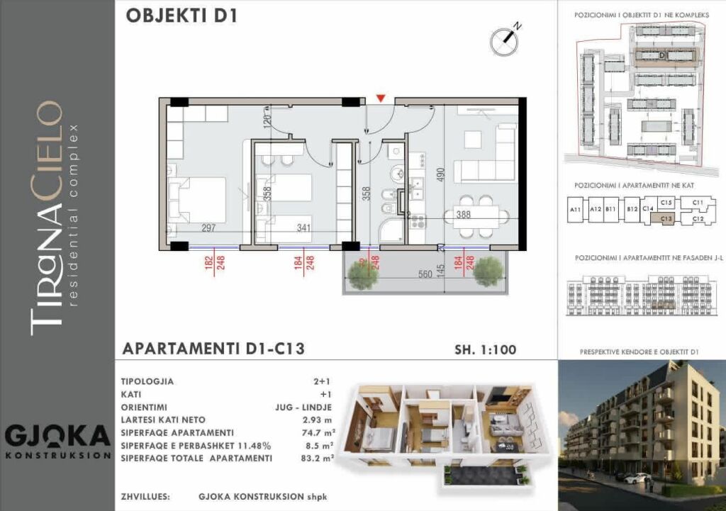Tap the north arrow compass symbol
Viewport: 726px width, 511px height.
coord(504,41)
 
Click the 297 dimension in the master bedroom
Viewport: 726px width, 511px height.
coord(209,228)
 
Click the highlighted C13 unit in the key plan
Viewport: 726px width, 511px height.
coord(665,219)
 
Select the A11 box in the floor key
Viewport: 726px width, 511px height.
coord(576,210)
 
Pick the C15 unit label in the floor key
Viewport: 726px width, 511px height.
coord(666,203)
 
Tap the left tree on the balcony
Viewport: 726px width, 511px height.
coord(362,274)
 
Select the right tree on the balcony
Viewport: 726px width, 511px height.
coord(488,270)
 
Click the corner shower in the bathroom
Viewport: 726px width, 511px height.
coord(391,231)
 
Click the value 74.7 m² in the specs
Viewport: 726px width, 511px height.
coord(318,432)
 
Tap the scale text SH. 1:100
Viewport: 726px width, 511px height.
coord(485,349)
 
